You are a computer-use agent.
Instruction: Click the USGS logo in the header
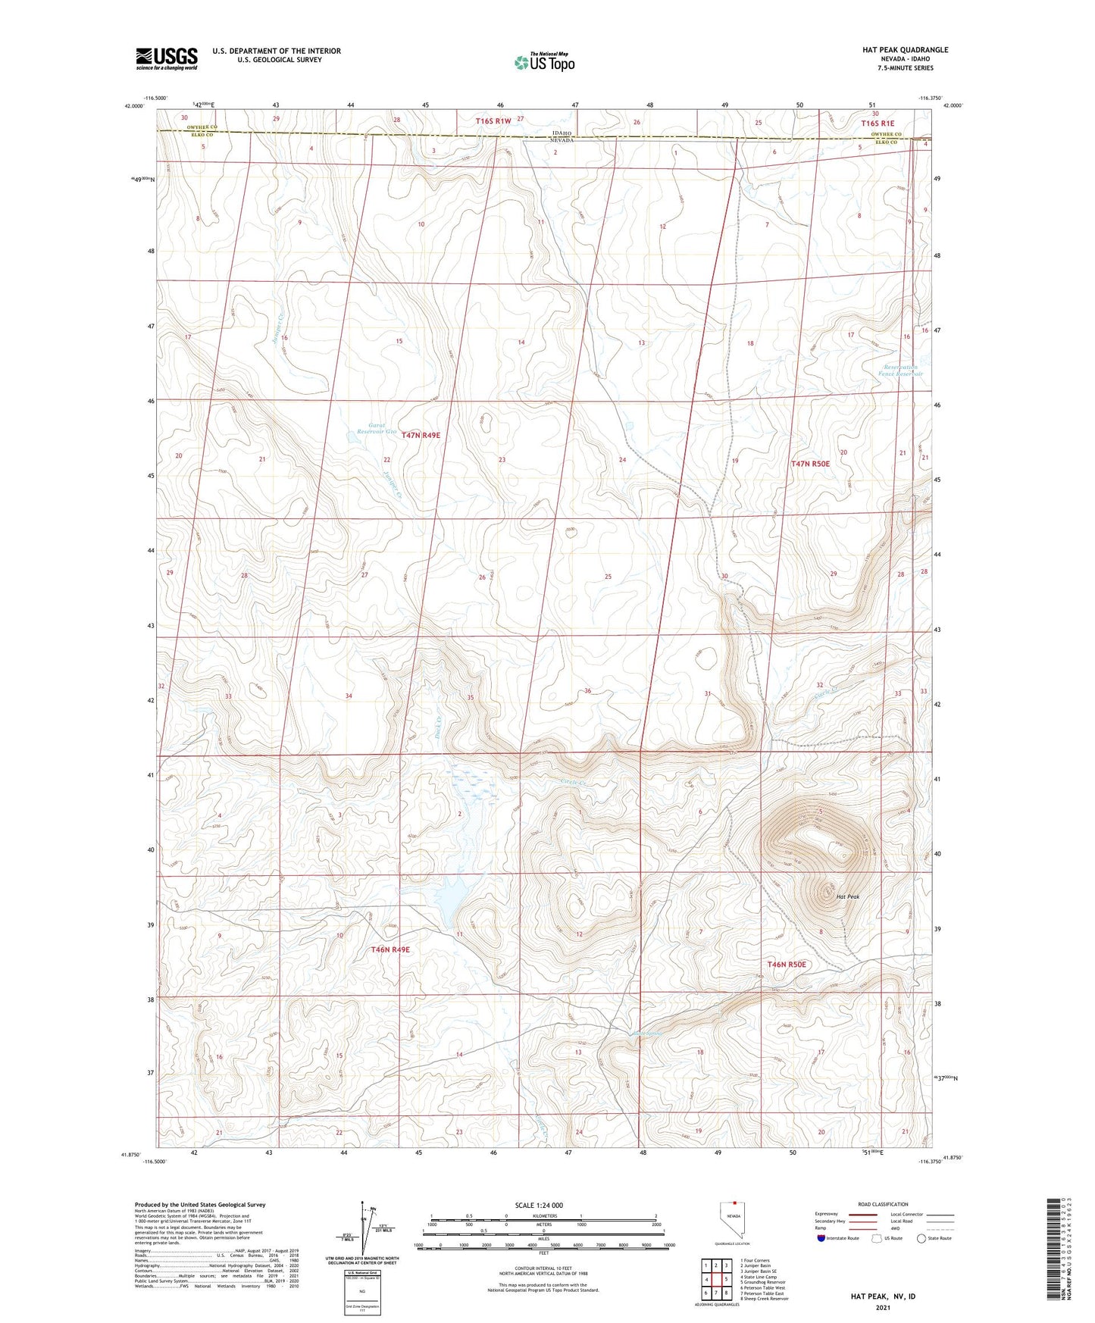(167, 58)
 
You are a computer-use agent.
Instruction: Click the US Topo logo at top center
(543, 62)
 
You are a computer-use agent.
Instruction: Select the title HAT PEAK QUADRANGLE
(905, 50)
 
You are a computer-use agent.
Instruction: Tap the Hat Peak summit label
(847, 896)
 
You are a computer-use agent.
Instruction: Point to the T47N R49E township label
(421, 435)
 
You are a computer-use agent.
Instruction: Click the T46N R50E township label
(787, 965)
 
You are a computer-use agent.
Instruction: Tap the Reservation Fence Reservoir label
(901, 370)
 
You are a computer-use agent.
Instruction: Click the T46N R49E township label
(390, 949)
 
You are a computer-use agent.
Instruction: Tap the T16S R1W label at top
(493, 121)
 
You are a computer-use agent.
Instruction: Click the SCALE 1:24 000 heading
(539, 1205)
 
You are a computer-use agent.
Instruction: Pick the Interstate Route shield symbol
(822, 1238)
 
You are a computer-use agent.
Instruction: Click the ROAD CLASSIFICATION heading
(884, 1204)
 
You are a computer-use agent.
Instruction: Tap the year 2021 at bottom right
(883, 1307)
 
